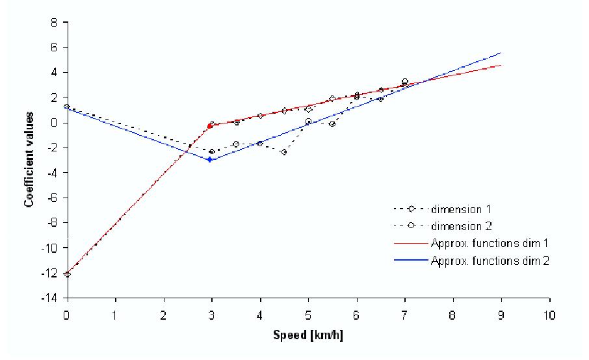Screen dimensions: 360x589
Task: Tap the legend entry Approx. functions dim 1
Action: (477, 244)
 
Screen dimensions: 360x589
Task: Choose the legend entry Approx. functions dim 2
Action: (477, 261)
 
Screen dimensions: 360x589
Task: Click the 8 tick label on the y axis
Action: (55, 22)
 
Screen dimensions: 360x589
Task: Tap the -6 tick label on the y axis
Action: (52, 198)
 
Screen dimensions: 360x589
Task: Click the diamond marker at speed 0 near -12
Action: (67, 274)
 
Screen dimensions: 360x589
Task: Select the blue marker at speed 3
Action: (209, 159)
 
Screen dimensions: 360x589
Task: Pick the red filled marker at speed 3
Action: (209, 125)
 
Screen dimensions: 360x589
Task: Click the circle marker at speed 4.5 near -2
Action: (284, 152)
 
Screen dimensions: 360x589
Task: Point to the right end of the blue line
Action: (501, 53)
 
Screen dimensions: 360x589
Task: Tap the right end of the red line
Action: (501, 65)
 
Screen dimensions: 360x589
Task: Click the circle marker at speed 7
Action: (404, 81)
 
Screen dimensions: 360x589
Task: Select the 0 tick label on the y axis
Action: (55, 122)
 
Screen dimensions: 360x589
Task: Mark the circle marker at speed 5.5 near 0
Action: (332, 123)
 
